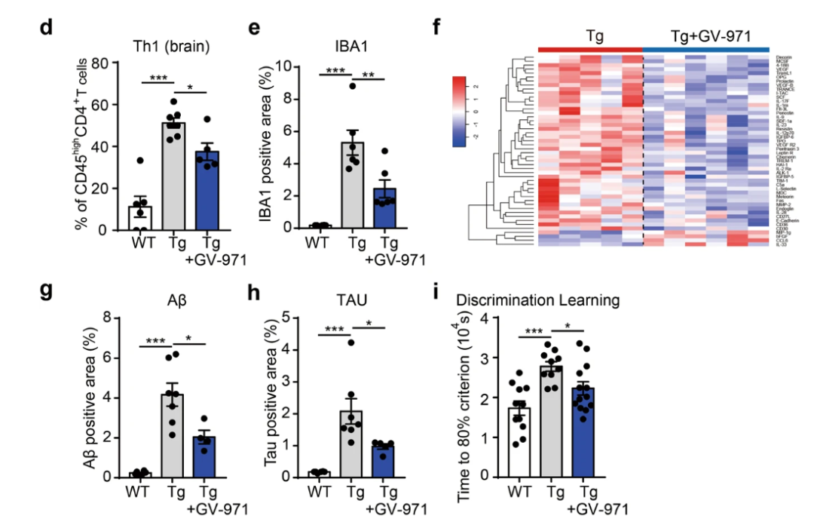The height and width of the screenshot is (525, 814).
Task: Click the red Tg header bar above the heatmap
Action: tap(590, 48)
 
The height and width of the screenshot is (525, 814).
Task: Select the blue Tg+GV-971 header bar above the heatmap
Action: tap(705, 48)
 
